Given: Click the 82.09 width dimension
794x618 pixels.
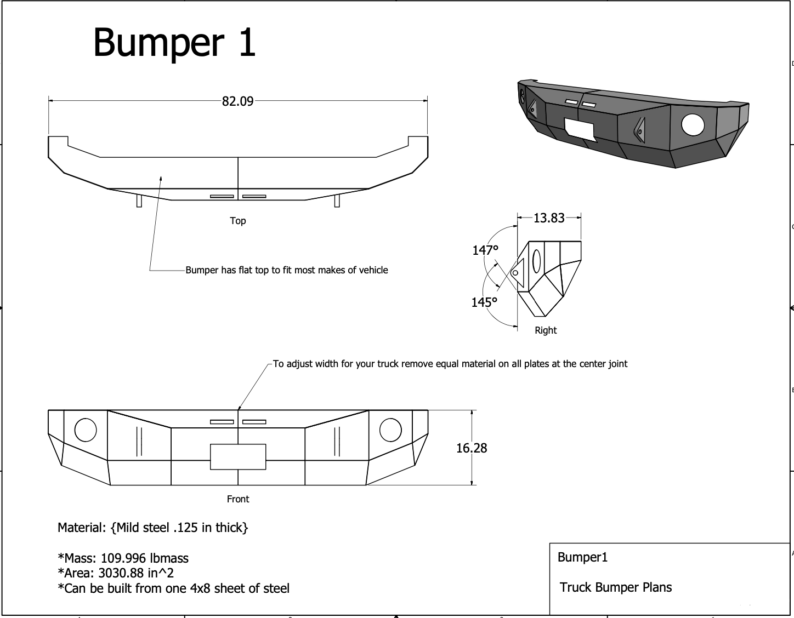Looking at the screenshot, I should tap(237, 101).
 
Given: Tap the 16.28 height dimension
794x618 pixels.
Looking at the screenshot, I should tap(472, 448).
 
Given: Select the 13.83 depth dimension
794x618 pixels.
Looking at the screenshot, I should tap(549, 218).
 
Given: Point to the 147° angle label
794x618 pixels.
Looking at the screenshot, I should tap(485, 250).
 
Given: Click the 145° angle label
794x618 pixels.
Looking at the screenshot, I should tap(484, 302).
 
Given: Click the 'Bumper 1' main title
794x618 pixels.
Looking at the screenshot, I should tap(174, 42).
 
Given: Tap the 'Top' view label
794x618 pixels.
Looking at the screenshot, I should tap(237, 221).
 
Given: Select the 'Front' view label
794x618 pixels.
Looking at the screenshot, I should tap(237, 499).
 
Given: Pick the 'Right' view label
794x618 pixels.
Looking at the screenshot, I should tap(545, 330).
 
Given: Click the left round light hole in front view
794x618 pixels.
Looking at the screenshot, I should tap(86, 430).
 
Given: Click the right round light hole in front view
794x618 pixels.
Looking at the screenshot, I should tap(390, 430).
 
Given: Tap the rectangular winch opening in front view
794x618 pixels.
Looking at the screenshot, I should tap(238, 456).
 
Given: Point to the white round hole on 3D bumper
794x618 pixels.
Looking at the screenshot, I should tap(693, 125).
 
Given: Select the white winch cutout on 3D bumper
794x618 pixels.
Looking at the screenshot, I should tap(580, 130).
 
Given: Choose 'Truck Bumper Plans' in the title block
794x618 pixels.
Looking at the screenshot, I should tap(615, 587).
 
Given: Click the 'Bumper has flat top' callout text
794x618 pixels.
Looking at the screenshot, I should tap(286, 270).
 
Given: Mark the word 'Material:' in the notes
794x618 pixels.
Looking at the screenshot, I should tap(82, 528).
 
